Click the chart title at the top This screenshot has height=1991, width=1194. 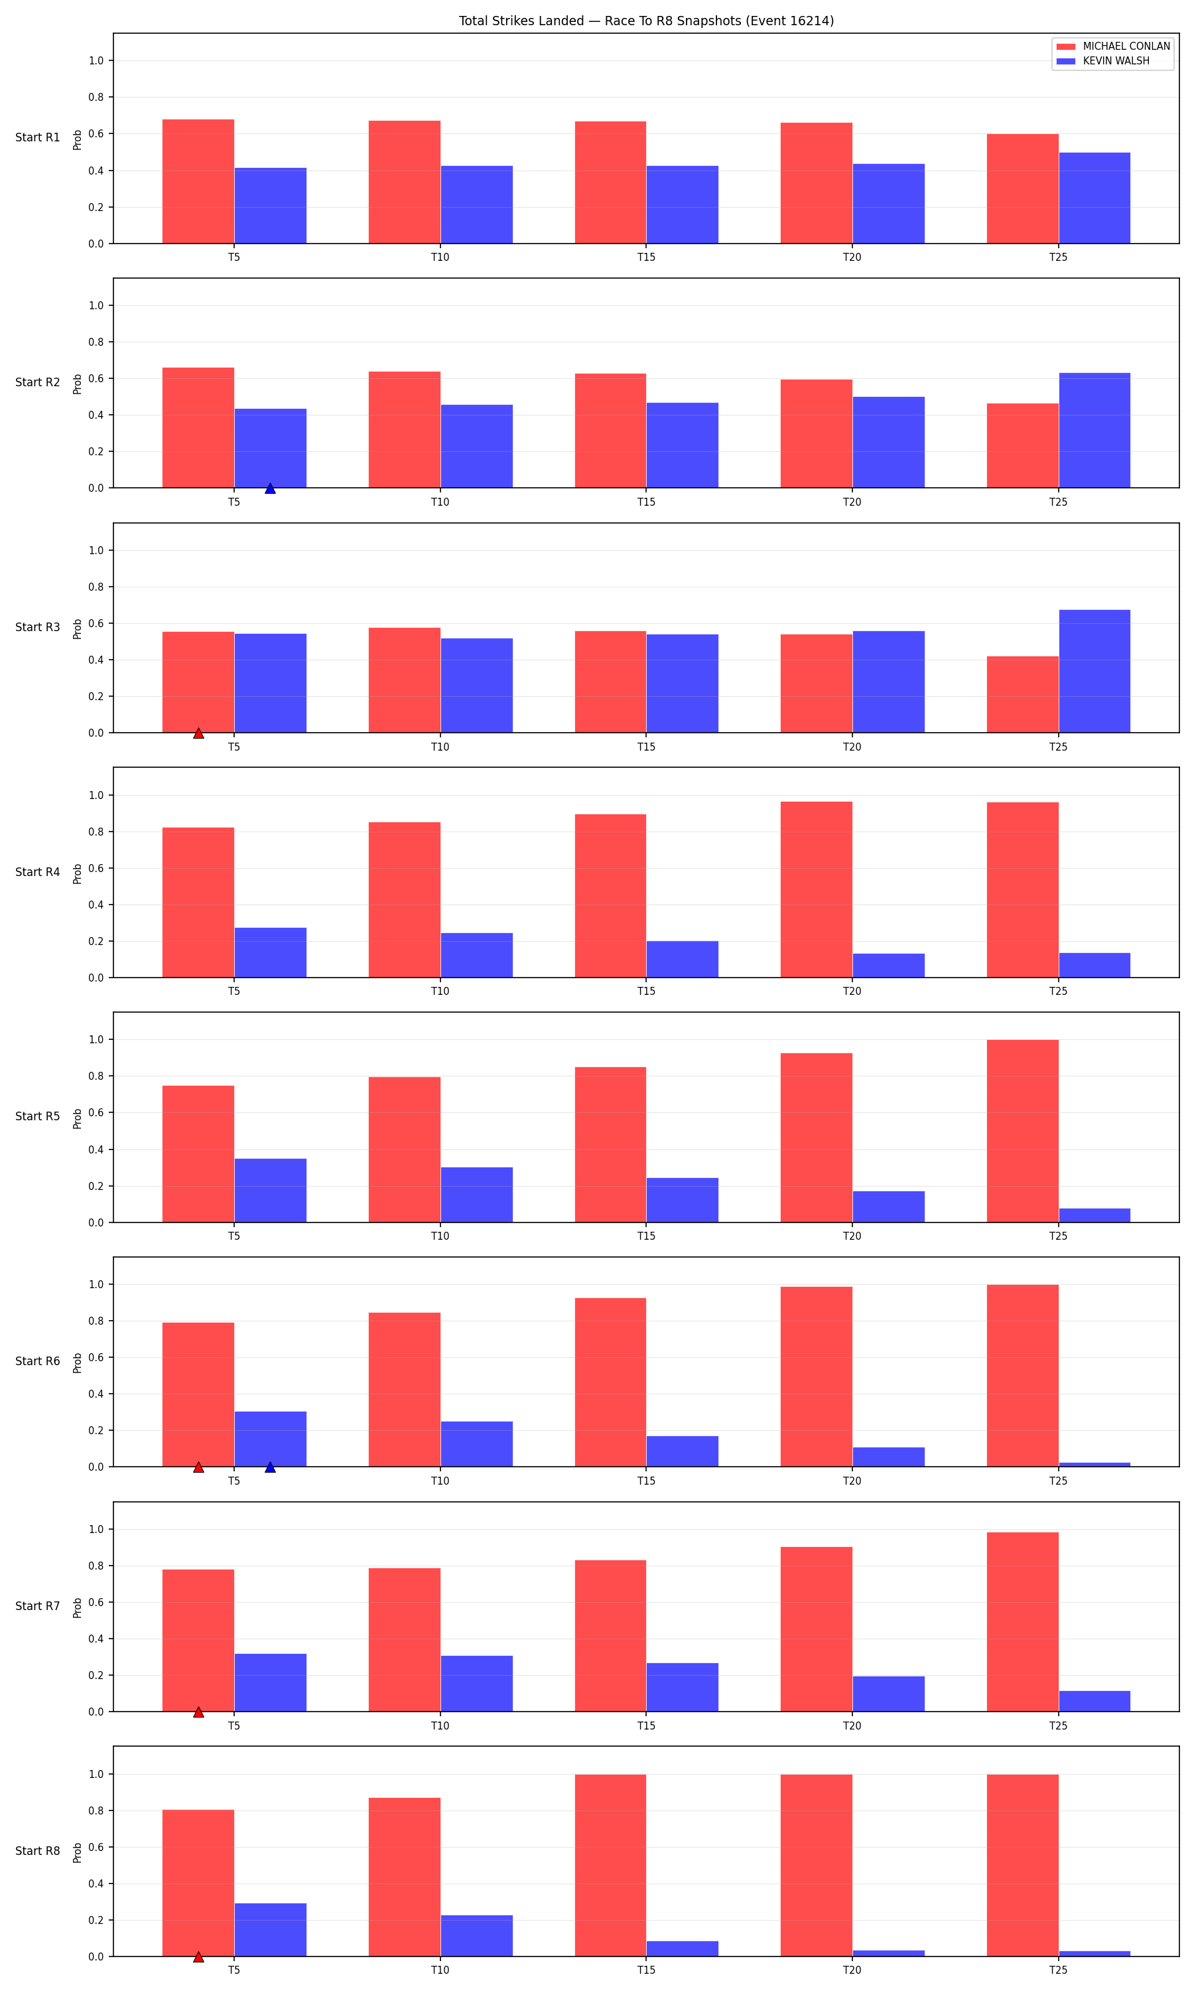coord(646,21)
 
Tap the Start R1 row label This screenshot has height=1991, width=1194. coord(38,137)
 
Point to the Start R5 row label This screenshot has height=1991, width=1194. coord(38,1116)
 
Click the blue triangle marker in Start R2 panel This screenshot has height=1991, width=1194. coord(271,488)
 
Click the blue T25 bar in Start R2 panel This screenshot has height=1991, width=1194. coord(1094,431)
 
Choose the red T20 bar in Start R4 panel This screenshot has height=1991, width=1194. coord(817,889)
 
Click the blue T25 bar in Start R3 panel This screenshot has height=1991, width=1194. coord(1094,671)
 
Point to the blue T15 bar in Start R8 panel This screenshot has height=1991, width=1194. coord(683,1949)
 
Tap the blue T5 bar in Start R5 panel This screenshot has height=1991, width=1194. coord(271,1190)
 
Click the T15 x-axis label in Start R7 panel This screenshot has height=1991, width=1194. coord(646,1726)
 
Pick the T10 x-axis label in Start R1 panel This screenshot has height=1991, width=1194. coord(440,258)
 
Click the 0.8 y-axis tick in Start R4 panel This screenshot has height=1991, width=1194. coord(96,832)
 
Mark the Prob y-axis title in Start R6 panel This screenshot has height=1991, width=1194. coord(77,1363)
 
